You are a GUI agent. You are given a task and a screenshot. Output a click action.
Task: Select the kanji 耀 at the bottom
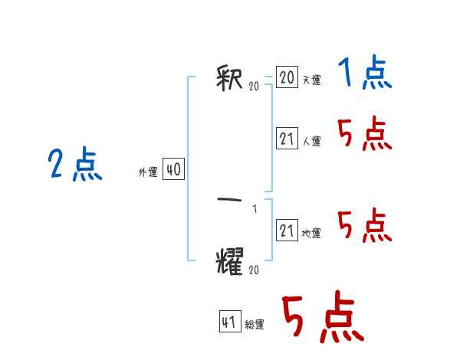pos(232,260)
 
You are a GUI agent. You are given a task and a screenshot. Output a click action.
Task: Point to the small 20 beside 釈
pos(254,87)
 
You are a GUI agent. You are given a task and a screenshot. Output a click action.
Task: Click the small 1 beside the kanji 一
pos(255,209)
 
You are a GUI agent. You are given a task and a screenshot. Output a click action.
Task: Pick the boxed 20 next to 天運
pos(287,77)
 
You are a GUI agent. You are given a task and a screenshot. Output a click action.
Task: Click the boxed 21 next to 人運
pos(287,139)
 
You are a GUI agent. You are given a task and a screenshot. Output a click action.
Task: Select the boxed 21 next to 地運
pos(287,231)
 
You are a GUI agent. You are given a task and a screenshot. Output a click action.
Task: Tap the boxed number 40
pos(173,170)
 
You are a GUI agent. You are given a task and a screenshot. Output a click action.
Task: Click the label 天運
pos(312,80)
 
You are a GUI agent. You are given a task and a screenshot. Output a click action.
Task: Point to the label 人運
pos(312,141)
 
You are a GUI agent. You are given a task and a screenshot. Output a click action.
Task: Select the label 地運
pos(312,233)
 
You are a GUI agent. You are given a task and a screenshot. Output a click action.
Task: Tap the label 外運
pos(148,172)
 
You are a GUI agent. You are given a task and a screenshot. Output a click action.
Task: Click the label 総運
pos(255,325)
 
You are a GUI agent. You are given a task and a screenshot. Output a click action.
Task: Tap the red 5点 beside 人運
pos(364,136)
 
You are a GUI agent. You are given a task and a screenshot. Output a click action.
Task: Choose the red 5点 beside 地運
pos(364,226)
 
